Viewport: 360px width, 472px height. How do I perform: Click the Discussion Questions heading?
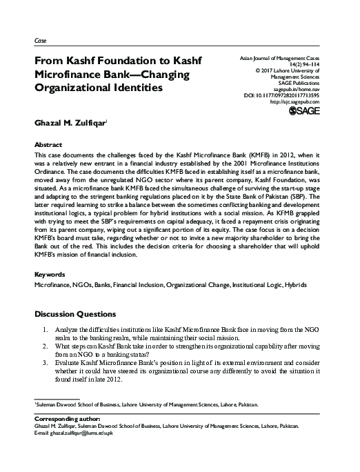80,313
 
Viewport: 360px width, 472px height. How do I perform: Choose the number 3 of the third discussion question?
46,362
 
